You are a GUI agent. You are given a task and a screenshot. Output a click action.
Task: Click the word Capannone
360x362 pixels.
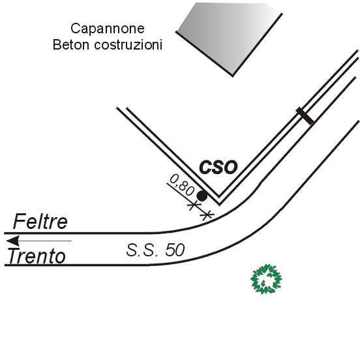[x=108, y=29]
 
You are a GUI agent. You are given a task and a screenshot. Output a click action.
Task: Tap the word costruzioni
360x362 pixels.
[x=128, y=44]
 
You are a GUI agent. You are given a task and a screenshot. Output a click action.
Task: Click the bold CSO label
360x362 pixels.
[x=218, y=167]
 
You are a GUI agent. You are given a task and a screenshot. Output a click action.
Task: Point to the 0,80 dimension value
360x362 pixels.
[x=182, y=185]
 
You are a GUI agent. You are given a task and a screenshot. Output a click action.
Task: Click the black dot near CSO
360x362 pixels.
[x=202, y=196]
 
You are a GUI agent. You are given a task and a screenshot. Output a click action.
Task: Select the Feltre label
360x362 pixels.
[x=40, y=221]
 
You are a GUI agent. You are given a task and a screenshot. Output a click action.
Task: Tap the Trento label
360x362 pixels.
[x=37, y=256]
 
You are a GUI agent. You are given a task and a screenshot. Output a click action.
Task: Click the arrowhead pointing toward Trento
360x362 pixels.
[x=12, y=241]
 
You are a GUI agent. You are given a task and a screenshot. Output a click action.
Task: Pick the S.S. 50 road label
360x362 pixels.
[x=155, y=250]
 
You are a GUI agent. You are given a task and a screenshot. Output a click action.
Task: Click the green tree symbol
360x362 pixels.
[x=266, y=279]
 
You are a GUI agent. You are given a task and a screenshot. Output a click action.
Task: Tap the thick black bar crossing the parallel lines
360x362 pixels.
[x=305, y=116]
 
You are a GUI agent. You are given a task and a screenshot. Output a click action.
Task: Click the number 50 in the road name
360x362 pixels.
[x=175, y=250]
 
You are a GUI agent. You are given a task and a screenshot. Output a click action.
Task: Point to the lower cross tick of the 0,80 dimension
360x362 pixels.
[x=207, y=215]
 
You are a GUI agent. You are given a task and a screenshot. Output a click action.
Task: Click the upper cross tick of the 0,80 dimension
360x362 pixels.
[x=194, y=205]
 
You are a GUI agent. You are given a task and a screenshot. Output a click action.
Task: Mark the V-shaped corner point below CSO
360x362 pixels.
[x=219, y=204]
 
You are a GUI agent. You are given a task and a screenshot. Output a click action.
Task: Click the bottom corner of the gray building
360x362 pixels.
[x=232, y=76]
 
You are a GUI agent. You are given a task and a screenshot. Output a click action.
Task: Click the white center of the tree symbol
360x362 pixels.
[x=266, y=279]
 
